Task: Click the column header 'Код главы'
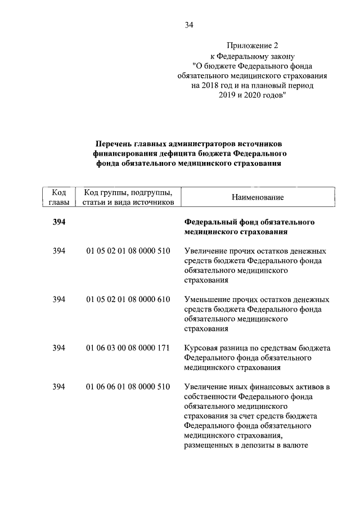(x=58, y=197)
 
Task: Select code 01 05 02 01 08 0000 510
(x=128, y=251)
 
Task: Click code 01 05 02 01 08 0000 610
(x=128, y=299)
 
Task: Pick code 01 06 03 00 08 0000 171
(x=128, y=348)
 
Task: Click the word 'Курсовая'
(x=201, y=348)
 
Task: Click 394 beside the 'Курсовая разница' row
(x=58, y=348)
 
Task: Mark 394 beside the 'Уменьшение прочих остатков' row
(x=58, y=299)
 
